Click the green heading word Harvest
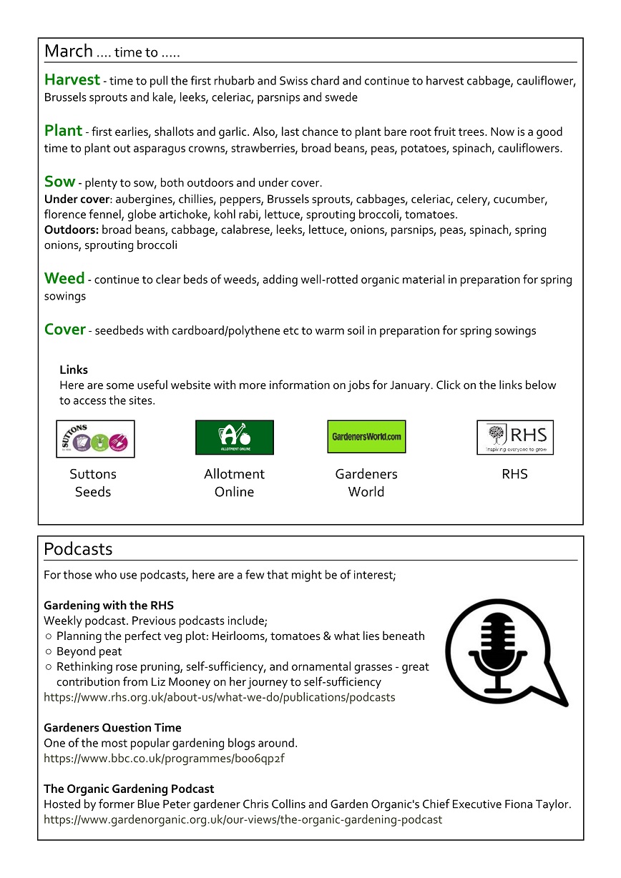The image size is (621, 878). click(71, 79)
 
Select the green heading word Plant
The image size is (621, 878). click(63, 130)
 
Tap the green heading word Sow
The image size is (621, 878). click(59, 181)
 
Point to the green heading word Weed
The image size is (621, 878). click(64, 277)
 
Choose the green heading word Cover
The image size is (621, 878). click(64, 329)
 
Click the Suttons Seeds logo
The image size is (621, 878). click(95, 438)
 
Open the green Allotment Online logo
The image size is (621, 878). click(235, 437)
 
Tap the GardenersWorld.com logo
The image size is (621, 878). click(366, 436)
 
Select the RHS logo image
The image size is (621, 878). click(515, 437)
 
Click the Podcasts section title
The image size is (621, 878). click(78, 548)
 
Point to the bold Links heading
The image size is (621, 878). click(74, 370)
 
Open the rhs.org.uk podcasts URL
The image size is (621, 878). click(219, 696)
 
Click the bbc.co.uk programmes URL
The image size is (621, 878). click(164, 758)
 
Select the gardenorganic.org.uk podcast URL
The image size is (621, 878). click(243, 819)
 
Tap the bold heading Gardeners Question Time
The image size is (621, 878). click(112, 728)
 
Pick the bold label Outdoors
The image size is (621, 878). click(72, 230)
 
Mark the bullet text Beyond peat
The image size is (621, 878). click(89, 651)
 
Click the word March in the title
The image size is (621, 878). click(68, 51)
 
